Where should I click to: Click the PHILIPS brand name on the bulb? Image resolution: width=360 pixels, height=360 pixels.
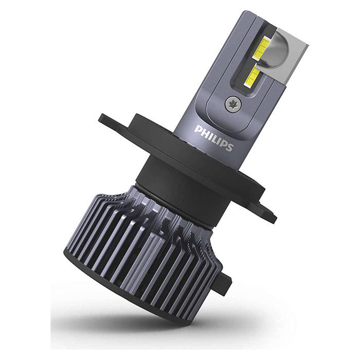click(214, 137)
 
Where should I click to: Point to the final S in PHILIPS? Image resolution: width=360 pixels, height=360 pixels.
click(230, 147)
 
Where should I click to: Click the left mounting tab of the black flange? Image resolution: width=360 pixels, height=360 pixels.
click(111, 122)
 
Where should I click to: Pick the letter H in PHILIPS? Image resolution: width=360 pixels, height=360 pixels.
click(204, 132)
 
